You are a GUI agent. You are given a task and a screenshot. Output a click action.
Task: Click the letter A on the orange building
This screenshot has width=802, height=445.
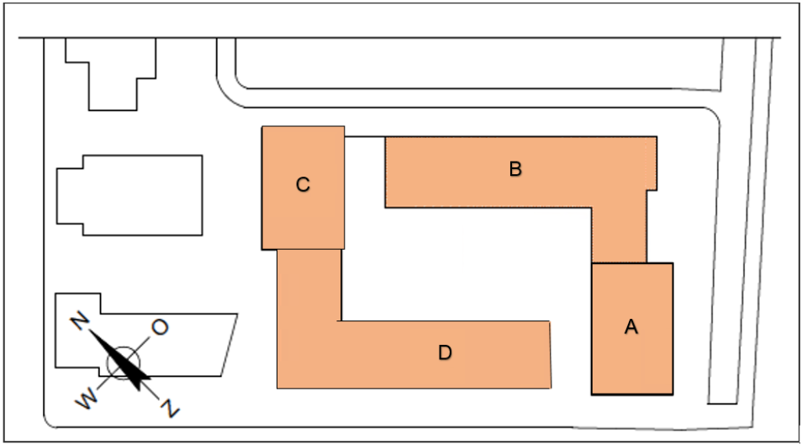click(631, 326)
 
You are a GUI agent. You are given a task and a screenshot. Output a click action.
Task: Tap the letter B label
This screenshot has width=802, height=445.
click(515, 168)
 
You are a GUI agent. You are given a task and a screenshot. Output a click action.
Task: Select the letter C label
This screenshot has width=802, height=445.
click(303, 184)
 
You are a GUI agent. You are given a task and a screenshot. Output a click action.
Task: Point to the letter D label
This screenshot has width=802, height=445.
click(445, 352)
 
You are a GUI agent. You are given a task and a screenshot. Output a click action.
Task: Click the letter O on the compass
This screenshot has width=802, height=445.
click(160, 326)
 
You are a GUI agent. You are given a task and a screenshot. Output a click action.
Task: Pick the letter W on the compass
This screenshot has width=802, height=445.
click(87, 398)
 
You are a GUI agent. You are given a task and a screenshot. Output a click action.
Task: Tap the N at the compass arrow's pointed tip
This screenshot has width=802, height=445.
click(80, 321)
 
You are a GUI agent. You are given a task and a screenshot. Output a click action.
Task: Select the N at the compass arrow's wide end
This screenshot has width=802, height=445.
click(171, 408)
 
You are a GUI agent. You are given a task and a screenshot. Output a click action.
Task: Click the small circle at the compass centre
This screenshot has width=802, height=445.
click(123, 363)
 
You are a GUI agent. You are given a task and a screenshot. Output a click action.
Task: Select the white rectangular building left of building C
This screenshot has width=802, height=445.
click(129, 195)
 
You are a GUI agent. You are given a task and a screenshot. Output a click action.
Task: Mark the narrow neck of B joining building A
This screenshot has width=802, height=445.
click(619, 235)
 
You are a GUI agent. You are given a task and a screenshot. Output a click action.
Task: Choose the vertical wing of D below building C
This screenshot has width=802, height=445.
click(309, 285)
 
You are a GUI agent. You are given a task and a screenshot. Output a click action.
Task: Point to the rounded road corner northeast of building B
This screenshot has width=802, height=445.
click(714, 114)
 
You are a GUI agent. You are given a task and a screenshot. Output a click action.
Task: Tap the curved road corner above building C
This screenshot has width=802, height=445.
click(227, 96)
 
